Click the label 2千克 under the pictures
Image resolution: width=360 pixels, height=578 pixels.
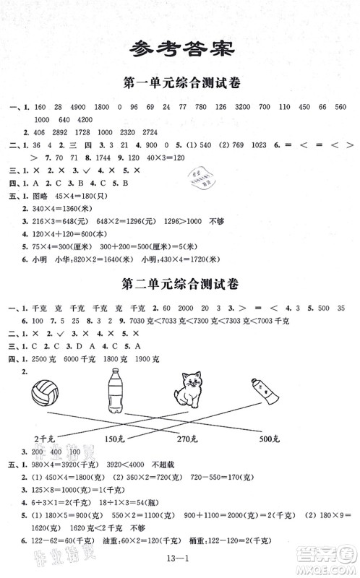point(44,438)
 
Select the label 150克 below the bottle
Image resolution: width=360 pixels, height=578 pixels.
point(116,438)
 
